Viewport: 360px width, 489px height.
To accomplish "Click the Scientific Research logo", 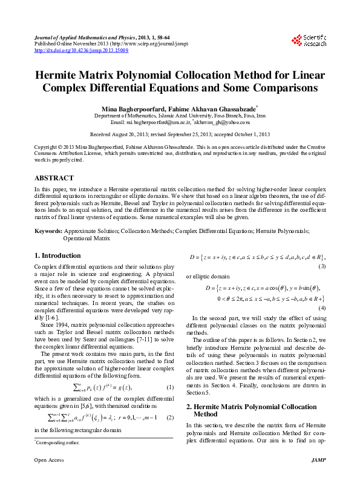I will [309, 41].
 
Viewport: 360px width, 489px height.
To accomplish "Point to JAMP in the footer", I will [317, 477].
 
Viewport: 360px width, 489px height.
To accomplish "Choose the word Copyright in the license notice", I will [47, 147].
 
